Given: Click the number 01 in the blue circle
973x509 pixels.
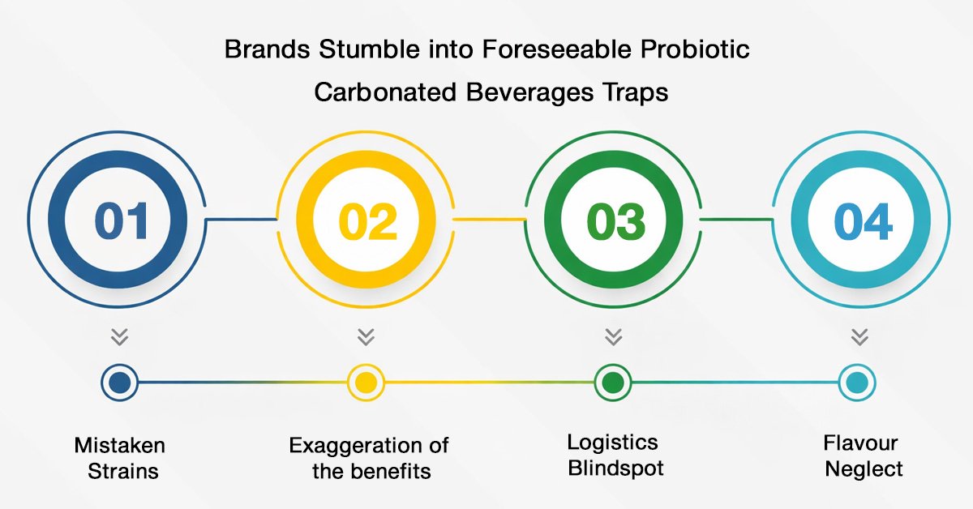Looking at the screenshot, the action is (122, 221).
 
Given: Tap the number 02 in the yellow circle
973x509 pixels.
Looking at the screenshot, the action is (367, 221).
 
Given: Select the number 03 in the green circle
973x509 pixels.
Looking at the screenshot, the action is (615, 221).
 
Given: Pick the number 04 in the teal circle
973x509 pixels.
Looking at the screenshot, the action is (863, 221).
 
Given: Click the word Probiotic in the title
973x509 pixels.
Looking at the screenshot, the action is (695, 49).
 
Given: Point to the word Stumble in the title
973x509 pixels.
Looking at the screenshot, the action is (368, 49).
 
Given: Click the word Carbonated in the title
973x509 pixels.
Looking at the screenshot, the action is (385, 92).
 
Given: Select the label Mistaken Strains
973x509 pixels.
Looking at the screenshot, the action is (120, 458).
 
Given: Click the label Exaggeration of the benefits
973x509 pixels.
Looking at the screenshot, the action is (369, 458).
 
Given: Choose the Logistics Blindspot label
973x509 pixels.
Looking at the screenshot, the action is (615, 456).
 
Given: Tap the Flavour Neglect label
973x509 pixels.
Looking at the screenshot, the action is (863, 456).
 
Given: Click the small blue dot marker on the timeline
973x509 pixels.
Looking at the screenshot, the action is (120, 383).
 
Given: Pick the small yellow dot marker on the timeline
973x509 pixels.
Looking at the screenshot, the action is (366, 383).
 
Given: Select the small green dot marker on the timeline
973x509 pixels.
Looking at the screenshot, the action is (613, 383).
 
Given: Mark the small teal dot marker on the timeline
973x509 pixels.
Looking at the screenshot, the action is (858, 383).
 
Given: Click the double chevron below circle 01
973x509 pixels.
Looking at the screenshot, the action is (119, 336).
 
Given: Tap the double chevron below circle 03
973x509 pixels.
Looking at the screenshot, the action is (613, 336).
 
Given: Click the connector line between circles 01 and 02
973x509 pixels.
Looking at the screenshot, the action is (241, 220).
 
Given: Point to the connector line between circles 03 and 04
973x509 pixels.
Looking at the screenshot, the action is (737, 220).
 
